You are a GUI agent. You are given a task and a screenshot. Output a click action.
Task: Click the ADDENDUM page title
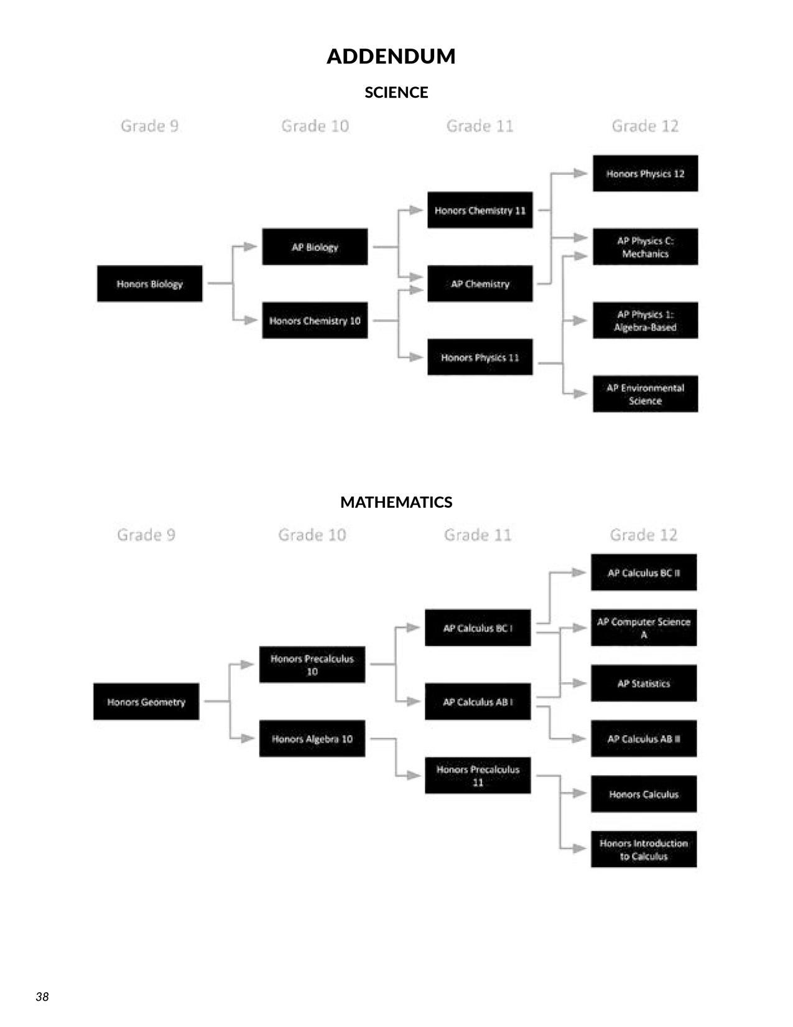[x=391, y=56]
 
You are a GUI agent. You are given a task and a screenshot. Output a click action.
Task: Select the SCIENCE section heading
[x=396, y=92]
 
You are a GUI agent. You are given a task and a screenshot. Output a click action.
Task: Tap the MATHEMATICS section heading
[x=396, y=502]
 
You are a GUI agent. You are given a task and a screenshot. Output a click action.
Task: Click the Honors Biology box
[x=150, y=284]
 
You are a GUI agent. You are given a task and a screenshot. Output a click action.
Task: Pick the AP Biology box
[x=315, y=246]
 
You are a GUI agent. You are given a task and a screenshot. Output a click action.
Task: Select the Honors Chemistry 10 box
[x=315, y=321]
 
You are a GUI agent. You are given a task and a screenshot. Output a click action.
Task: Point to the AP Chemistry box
[x=480, y=284]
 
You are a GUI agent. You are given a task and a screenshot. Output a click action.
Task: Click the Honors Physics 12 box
[x=645, y=174]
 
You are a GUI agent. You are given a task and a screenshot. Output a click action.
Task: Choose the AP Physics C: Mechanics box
[x=645, y=246]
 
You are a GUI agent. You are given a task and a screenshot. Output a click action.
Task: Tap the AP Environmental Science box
[x=645, y=394]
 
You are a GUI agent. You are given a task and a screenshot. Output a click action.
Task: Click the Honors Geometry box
[x=146, y=701]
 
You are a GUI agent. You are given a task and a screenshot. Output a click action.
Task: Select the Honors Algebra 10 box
[x=312, y=738]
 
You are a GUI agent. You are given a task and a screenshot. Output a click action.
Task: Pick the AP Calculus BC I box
[x=478, y=627]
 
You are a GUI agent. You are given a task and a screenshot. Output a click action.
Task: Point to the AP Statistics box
[x=644, y=683]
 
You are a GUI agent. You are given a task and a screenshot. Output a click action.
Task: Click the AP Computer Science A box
[x=644, y=627]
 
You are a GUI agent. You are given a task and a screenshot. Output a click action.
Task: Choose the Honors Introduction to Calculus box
[x=644, y=849]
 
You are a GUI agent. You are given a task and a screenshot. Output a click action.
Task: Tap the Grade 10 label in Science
[x=315, y=126]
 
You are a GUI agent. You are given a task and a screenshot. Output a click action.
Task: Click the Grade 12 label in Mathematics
[x=644, y=535]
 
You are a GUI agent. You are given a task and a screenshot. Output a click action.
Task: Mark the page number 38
[x=42, y=997]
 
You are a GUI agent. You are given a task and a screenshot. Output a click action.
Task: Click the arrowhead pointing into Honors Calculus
[x=580, y=794]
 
